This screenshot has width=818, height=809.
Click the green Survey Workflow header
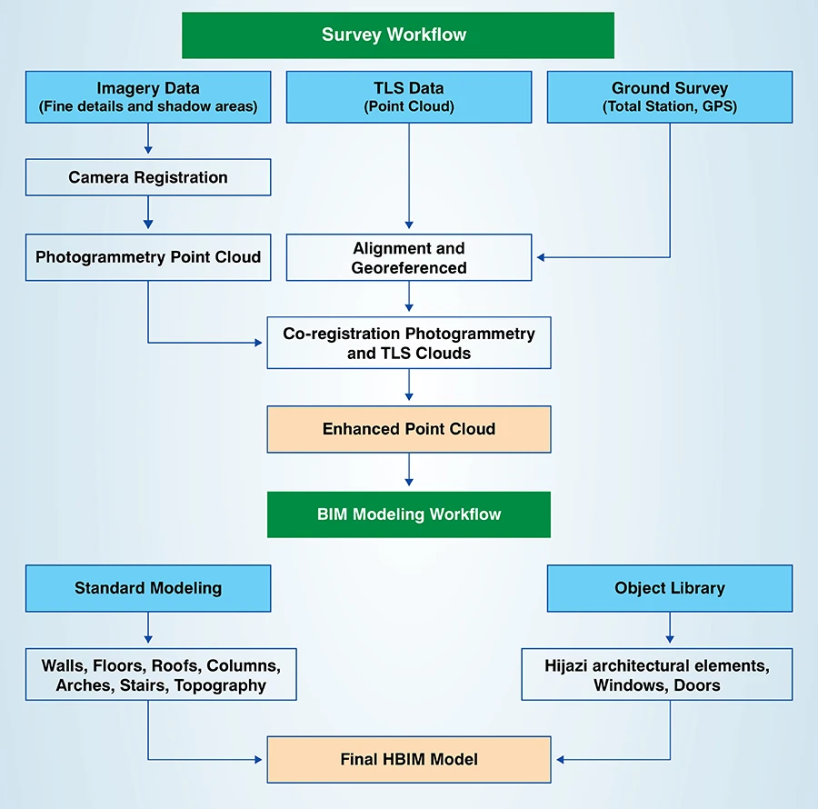[398, 35]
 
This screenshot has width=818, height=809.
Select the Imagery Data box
[148, 97]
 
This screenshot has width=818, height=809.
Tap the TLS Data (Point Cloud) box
[409, 97]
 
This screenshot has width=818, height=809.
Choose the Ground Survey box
[670, 97]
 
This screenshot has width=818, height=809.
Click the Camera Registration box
[148, 177]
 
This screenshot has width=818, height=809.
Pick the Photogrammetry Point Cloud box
[148, 257]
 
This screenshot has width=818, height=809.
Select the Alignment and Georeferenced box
[409, 257]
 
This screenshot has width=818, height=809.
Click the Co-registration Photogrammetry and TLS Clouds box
[409, 343]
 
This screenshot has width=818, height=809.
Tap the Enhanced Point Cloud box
[409, 429]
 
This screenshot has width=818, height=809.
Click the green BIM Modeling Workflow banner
[409, 514]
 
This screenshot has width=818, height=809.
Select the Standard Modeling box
[148, 588]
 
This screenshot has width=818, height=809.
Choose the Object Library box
[670, 588]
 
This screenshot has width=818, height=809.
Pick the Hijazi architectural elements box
[657, 674]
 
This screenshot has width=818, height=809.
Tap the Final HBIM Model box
[409, 759]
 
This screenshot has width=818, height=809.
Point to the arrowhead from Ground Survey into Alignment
[540, 257]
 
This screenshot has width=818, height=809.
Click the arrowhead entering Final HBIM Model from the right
[559, 759]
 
